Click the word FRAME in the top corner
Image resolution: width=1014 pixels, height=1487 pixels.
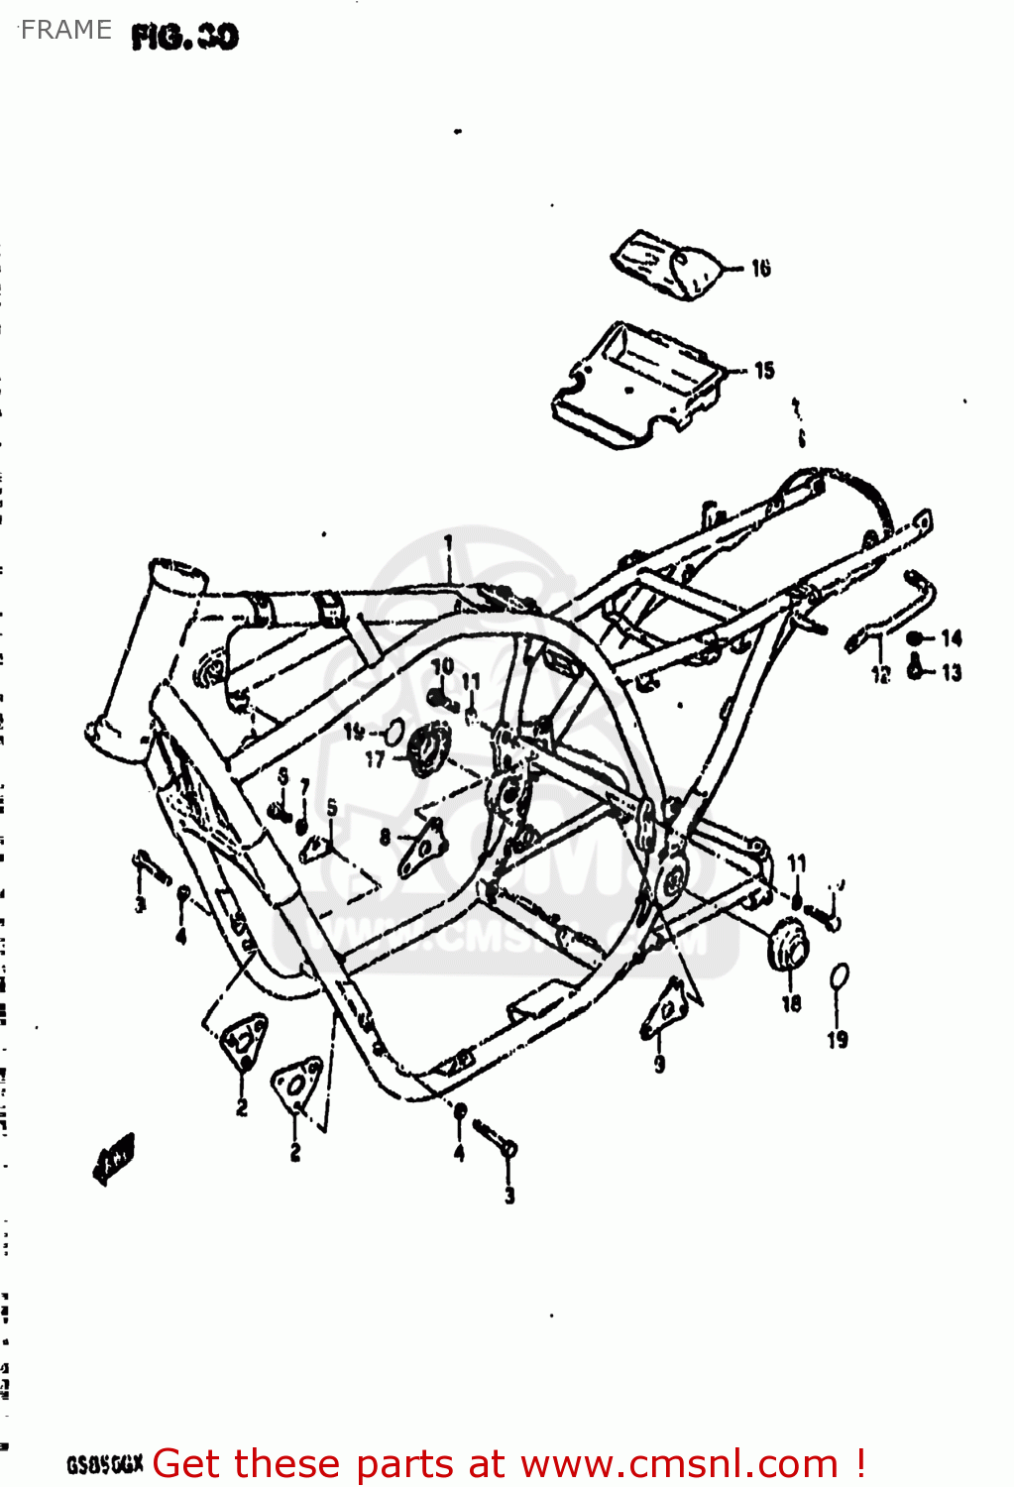tap(65, 30)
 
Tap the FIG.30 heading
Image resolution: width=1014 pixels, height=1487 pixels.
tap(185, 38)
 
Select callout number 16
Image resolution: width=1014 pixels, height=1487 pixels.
tap(760, 268)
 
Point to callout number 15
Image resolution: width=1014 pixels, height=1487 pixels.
tap(764, 371)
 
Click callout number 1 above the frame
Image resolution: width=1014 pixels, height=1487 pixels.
tap(448, 543)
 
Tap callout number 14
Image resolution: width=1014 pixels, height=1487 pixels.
tap(952, 637)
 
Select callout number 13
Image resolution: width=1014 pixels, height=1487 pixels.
tap(952, 673)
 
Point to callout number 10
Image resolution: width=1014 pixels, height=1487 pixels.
tap(442, 666)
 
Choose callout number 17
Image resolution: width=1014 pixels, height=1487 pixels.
tap(375, 759)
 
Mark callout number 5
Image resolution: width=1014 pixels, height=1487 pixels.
tap(332, 808)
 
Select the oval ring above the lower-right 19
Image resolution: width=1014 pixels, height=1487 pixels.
tap(839, 977)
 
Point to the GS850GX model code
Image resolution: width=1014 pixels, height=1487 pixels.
tap(104, 1464)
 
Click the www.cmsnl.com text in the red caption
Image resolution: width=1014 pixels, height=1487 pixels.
tap(679, 1463)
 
